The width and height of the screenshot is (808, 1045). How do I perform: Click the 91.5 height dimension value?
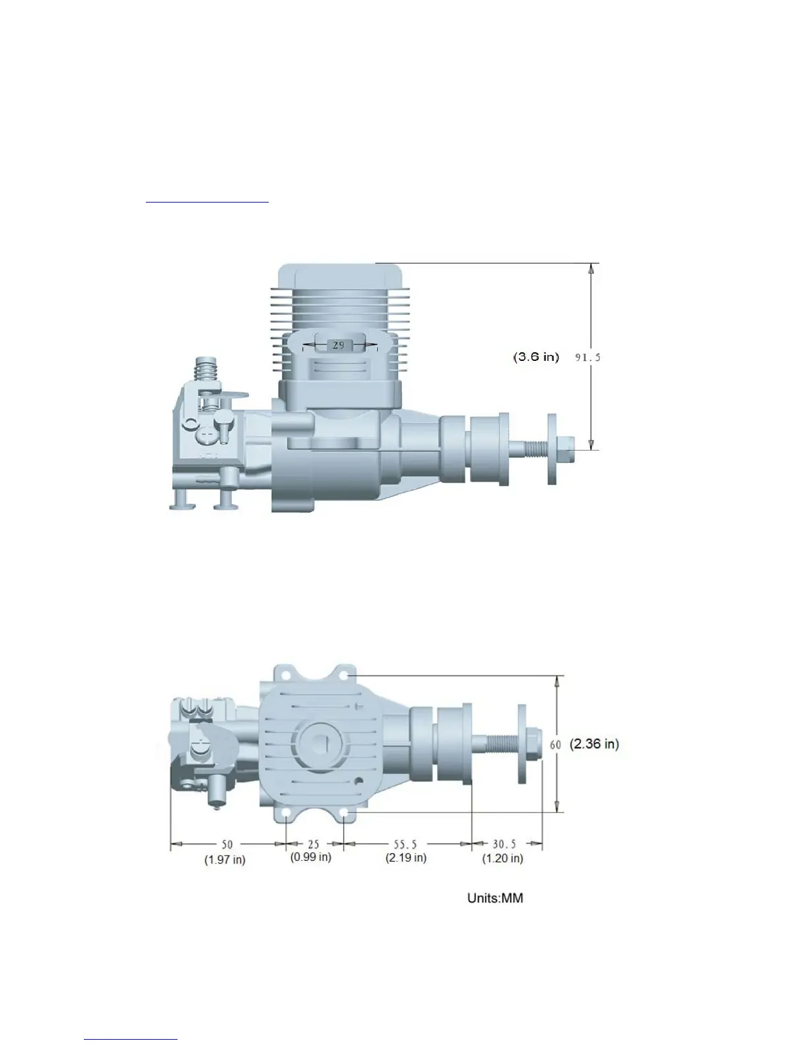click(588, 358)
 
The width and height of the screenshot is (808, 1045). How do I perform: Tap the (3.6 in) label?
click(536, 357)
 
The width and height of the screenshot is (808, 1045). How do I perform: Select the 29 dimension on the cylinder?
click(338, 345)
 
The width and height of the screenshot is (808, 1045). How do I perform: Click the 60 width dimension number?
click(555, 745)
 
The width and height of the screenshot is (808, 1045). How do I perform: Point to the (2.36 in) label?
click(594, 744)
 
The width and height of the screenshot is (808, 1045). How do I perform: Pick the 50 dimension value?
click(226, 844)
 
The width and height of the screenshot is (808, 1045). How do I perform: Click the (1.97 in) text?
click(224, 860)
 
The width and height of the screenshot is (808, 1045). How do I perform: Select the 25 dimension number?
click(314, 844)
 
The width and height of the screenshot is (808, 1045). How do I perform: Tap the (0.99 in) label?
click(310, 857)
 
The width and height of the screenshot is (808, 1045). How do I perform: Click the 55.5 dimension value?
click(405, 844)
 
